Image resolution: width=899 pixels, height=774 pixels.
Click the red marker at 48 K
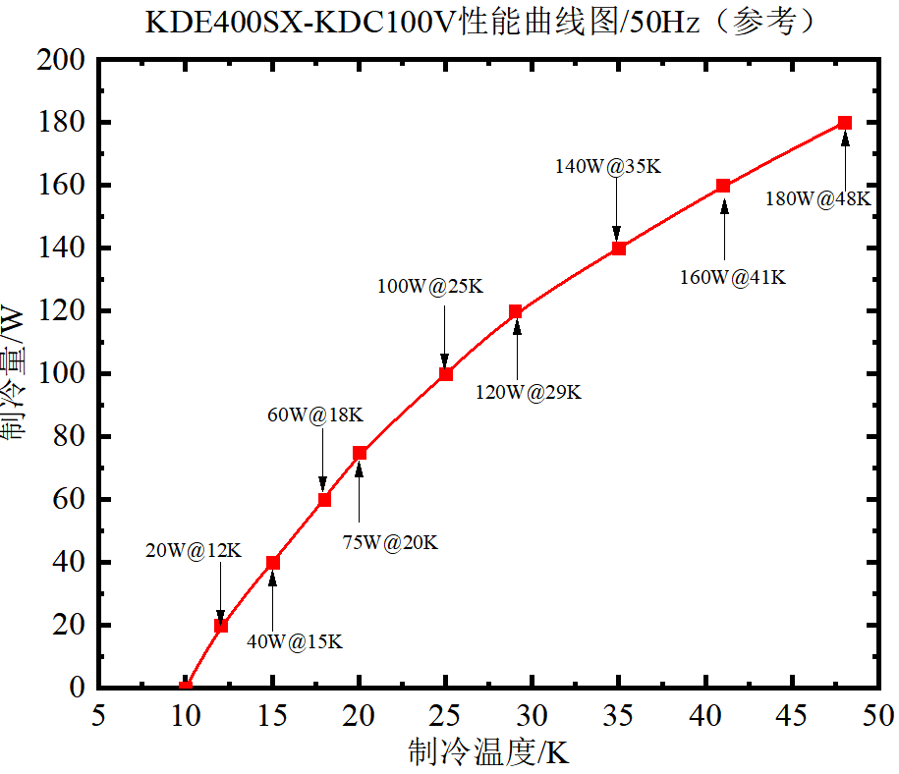click(845, 123)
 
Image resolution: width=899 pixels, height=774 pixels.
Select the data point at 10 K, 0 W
click(186, 687)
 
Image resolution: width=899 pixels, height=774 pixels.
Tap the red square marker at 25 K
click(446, 373)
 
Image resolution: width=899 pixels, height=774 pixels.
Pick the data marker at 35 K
click(619, 249)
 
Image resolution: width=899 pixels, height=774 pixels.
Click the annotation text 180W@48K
click(817, 199)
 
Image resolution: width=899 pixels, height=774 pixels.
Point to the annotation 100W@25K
click(430, 287)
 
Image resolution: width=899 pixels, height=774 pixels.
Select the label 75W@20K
click(390, 542)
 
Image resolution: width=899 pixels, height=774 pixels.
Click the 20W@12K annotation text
click(193, 551)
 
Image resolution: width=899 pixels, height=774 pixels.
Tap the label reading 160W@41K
click(733, 278)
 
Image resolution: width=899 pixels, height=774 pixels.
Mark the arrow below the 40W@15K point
click(273, 600)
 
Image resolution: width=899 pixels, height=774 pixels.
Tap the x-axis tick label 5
click(98, 715)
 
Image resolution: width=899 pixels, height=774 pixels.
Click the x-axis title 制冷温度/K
click(488, 753)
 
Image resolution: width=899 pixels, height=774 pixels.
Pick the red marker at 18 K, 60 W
click(324, 499)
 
